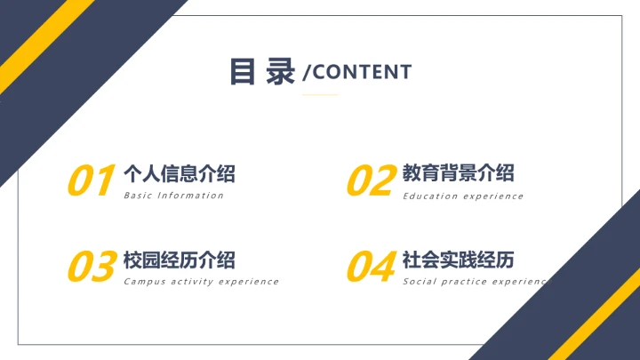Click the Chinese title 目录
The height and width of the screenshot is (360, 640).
click(x=262, y=72)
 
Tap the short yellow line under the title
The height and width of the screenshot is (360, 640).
click(x=320, y=94)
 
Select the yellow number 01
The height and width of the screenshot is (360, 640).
click(x=91, y=181)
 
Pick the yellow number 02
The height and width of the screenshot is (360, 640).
click(x=370, y=181)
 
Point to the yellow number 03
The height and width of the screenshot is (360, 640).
click(x=92, y=267)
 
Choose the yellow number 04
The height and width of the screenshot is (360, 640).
click(x=371, y=267)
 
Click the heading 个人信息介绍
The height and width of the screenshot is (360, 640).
click(x=179, y=173)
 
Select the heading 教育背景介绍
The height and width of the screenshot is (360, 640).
click(x=458, y=173)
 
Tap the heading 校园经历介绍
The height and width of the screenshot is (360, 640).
click(x=179, y=260)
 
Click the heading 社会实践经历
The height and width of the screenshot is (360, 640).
click(x=458, y=260)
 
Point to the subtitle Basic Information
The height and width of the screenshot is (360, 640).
click(x=173, y=196)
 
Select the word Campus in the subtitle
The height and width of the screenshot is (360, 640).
click(x=144, y=282)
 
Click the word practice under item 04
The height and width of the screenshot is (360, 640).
click(x=467, y=282)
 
